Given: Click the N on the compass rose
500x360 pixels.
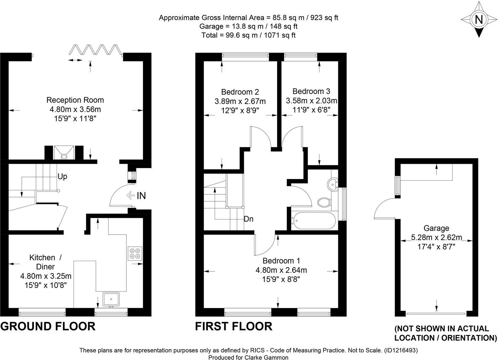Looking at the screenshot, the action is [x=479, y=20].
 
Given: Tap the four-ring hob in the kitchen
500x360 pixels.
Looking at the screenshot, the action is [x=135, y=254].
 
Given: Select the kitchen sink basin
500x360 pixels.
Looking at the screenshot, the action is [x=111, y=299].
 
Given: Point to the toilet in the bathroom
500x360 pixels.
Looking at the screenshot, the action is [x=323, y=202].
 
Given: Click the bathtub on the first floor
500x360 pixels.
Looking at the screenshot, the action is [x=314, y=221].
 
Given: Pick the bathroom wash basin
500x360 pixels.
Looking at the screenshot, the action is [x=332, y=184].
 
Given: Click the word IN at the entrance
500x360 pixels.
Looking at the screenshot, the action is [x=141, y=196].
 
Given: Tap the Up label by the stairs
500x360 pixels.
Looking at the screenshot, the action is [x=62, y=177].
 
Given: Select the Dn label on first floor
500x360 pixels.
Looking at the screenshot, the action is [x=248, y=219].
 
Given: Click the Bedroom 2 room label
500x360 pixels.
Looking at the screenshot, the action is [x=240, y=92].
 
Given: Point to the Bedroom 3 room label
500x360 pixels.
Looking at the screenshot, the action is [x=311, y=91].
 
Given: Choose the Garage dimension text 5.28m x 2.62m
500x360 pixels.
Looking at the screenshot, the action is [x=436, y=237].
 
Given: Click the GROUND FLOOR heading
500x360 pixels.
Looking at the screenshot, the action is [x=48, y=326].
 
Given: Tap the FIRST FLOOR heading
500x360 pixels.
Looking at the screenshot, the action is [x=234, y=326].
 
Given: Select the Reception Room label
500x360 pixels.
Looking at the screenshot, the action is [x=75, y=100].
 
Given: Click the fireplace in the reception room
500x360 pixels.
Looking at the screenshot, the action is [x=64, y=153].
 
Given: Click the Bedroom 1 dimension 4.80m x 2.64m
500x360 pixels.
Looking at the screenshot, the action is [x=281, y=270].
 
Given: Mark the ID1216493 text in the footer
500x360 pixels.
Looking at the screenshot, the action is [x=401, y=350].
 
